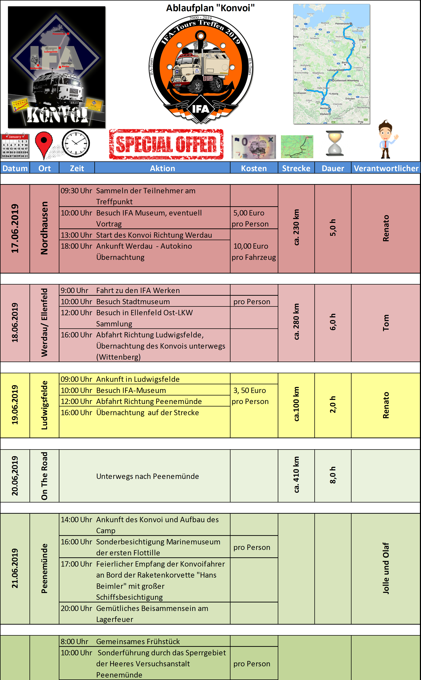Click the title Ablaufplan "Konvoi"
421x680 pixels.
(210, 8)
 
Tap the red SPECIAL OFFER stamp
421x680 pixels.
(166, 144)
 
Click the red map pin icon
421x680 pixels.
(44, 144)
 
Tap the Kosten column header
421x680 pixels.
(254, 168)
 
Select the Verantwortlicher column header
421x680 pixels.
(386, 168)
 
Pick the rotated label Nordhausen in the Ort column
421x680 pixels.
(44, 228)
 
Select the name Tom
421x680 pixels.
(386, 323)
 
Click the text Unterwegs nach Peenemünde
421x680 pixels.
(148, 476)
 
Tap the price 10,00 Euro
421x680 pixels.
(251, 246)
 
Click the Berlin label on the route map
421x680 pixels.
(345, 63)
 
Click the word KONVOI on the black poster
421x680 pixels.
(57, 115)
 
